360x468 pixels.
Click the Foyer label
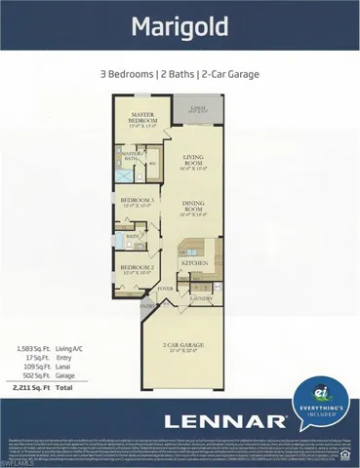pyautogui.click(x=166, y=289)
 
